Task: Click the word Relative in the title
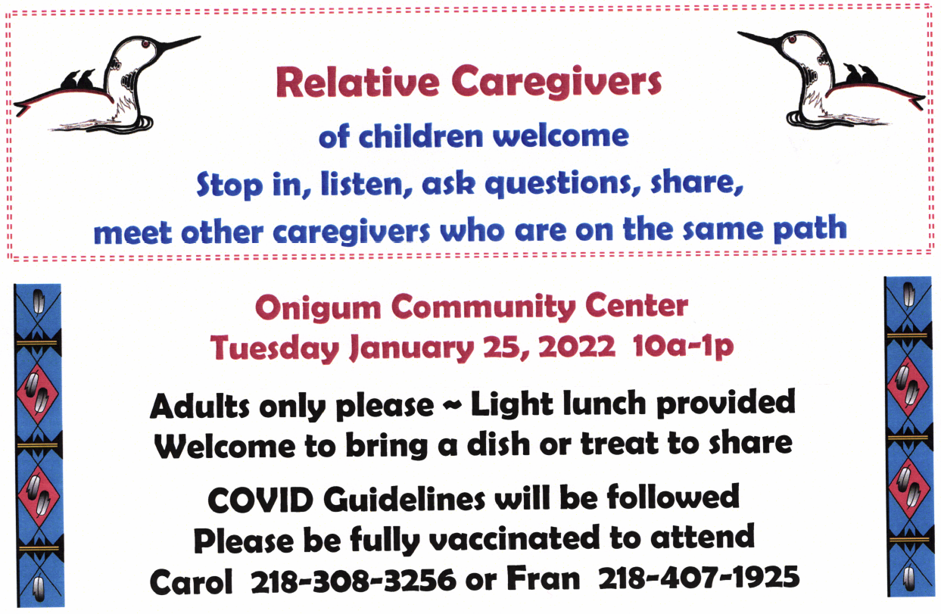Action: click(x=357, y=82)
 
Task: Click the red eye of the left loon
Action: click(x=146, y=43)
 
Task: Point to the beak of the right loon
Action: click(x=761, y=39)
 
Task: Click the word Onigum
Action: click(x=318, y=308)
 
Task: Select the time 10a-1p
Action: click(x=683, y=348)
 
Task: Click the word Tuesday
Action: click(x=275, y=348)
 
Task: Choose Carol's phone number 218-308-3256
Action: click(x=354, y=580)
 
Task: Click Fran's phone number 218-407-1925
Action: click(x=699, y=578)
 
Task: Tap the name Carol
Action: click(x=191, y=581)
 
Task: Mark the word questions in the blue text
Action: click(x=564, y=185)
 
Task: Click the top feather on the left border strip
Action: click(x=38, y=302)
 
